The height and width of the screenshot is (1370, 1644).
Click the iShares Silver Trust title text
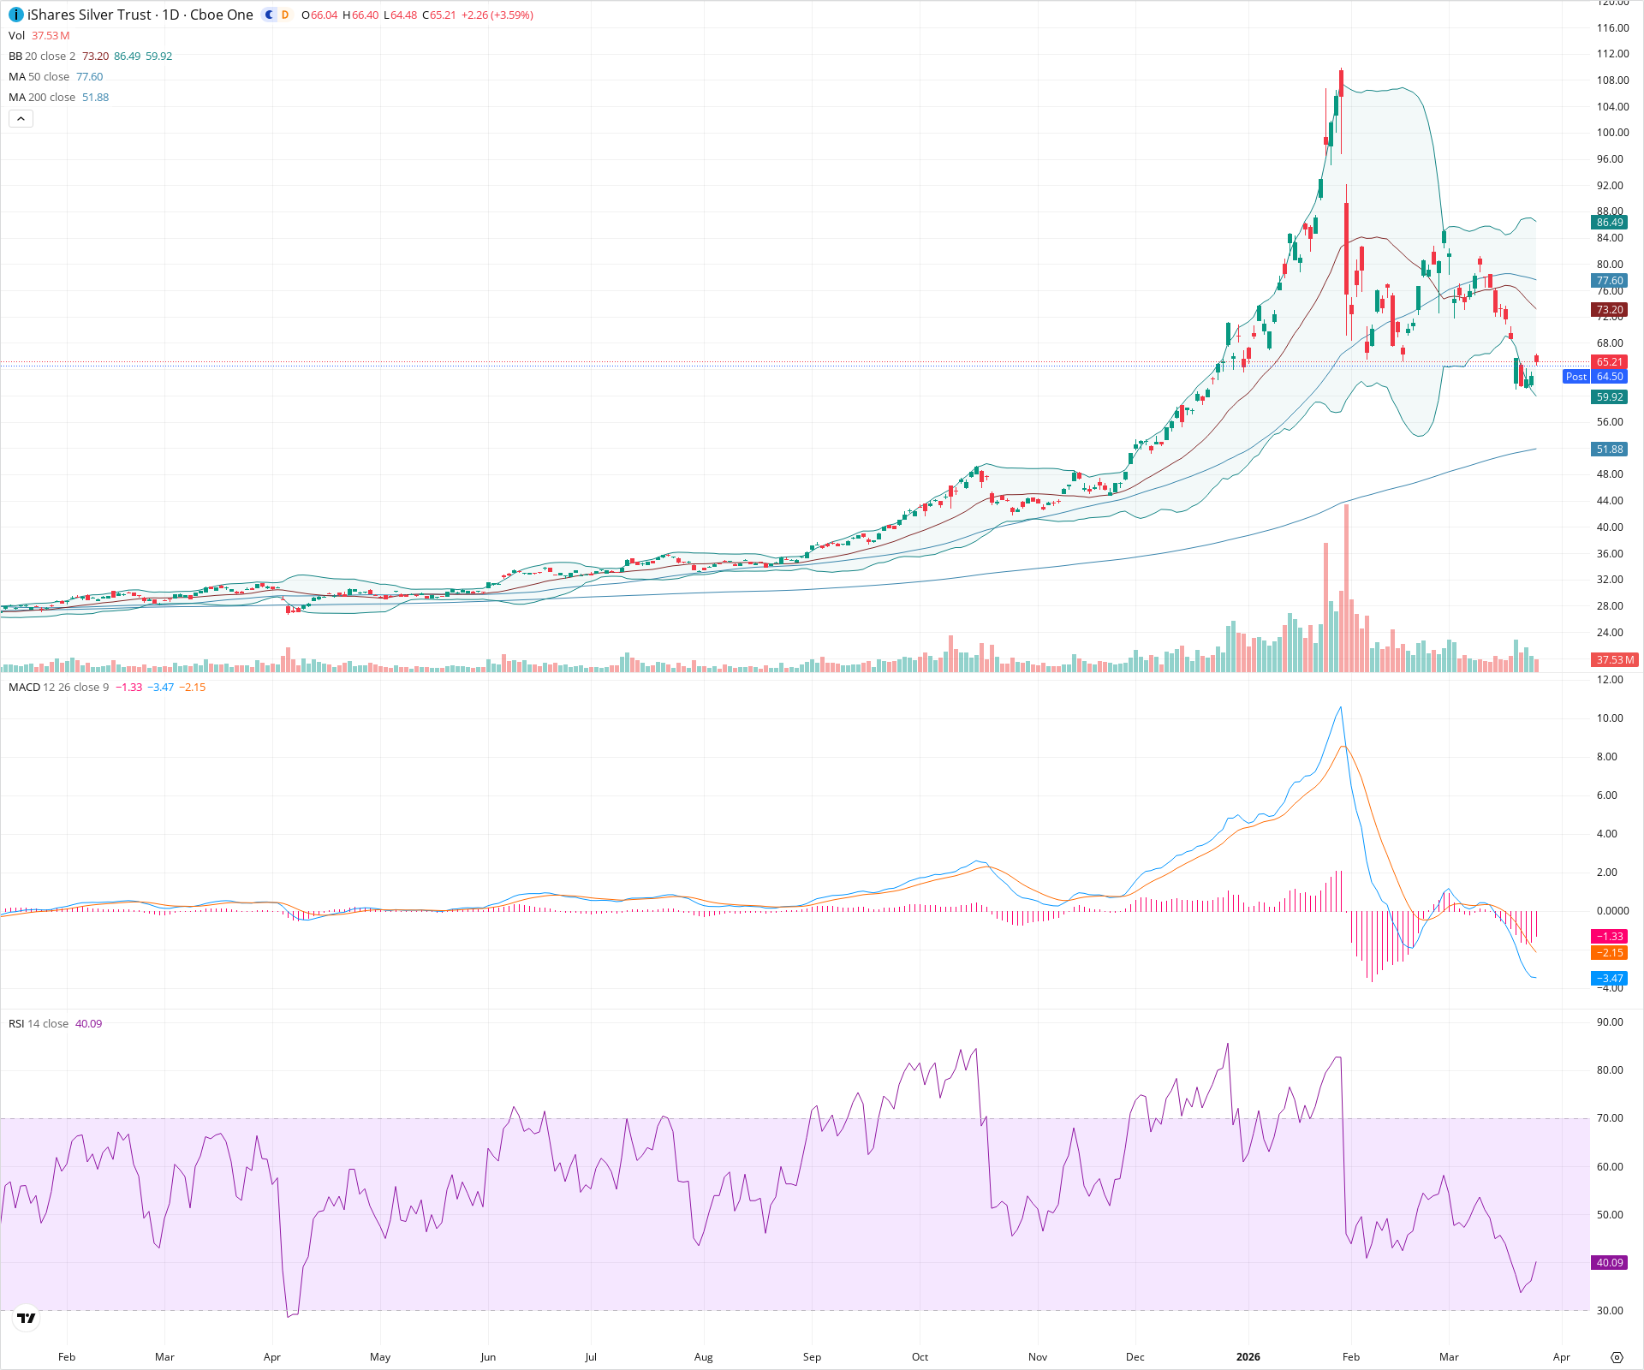(x=89, y=15)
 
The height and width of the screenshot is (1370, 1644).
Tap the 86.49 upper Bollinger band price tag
(x=1609, y=223)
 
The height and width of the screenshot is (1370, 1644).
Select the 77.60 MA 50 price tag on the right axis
(x=1609, y=281)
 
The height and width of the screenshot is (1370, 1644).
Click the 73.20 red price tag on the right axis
(x=1609, y=310)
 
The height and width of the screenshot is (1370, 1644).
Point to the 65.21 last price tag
(x=1609, y=362)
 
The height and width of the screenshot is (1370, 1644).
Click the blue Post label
(x=1575, y=377)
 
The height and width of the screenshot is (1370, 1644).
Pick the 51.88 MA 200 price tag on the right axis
(x=1609, y=450)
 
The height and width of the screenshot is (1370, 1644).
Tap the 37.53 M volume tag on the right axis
(x=1614, y=660)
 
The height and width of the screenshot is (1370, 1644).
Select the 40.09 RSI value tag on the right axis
(x=1609, y=1263)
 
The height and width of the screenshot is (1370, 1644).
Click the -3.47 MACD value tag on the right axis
(x=1609, y=979)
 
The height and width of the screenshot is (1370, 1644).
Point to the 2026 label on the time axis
(x=1248, y=1357)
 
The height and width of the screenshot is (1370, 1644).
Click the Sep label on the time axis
(x=812, y=1357)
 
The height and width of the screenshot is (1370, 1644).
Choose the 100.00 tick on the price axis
(x=1612, y=133)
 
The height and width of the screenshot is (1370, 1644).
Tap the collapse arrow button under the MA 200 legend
(x=21, y=119)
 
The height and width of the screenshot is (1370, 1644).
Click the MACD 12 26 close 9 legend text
(x=58, y=688)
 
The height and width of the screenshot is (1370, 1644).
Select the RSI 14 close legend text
(x=39, y=1024)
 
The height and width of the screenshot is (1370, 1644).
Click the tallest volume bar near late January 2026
(x=1346, y=591)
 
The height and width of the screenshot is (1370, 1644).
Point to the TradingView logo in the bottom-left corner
(x=27, y=1318)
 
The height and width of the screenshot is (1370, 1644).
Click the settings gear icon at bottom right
(x=1617, y=1357)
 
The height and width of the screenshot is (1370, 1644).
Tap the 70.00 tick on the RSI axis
(x=1610, y=1118)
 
